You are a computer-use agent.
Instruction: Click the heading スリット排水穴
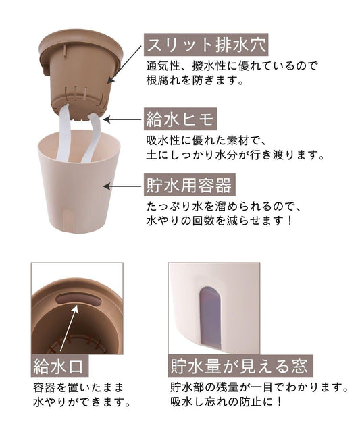coord(206,45)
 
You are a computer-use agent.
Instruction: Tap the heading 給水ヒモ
coord(180,119)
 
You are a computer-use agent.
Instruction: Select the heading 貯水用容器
coord(190,185)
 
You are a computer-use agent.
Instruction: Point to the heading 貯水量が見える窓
coord(239,366)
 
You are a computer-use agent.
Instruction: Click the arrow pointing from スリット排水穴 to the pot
coord(124,64)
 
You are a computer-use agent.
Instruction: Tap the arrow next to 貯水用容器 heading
coord(122,186)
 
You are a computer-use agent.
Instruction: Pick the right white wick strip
coord(92,138)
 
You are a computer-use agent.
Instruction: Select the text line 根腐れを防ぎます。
coord(195,80)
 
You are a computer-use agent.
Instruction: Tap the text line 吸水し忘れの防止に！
coord(226,401)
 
